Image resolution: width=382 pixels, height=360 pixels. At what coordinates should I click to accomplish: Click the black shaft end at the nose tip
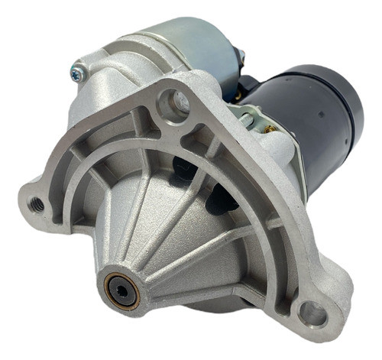click(121, 290)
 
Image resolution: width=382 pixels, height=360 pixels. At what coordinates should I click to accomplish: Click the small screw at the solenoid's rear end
click(241, 55)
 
